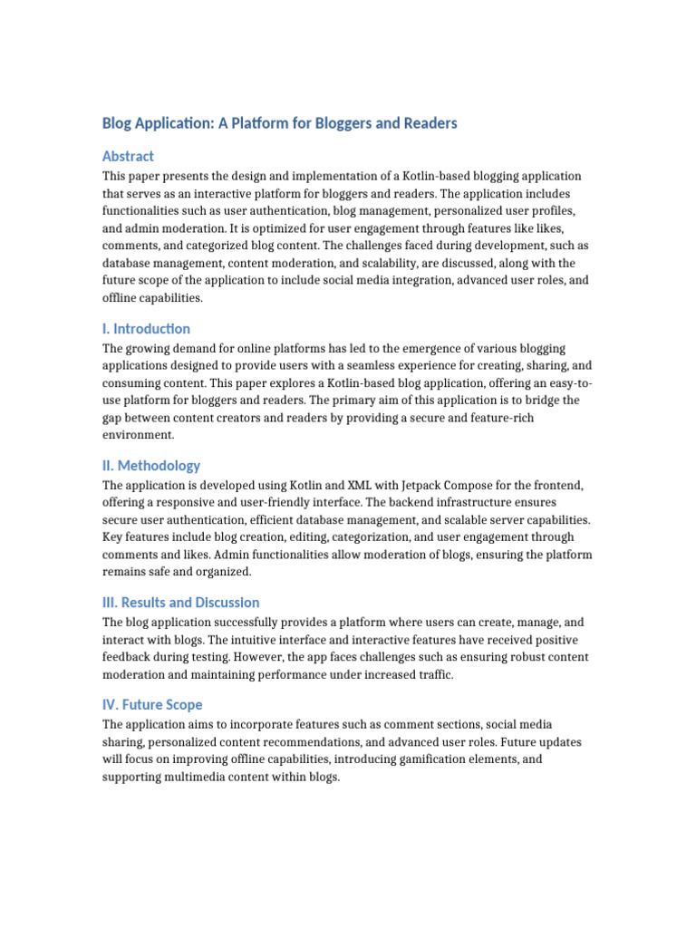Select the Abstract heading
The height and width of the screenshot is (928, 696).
(128, 156)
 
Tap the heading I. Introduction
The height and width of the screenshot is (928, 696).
(146, 328)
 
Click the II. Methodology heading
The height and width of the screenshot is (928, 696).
(151, 465)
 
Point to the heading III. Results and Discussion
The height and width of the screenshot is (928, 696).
(181, 602)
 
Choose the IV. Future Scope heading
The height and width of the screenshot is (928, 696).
(152, 704)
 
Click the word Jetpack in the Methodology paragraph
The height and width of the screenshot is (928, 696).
(356, 485)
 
